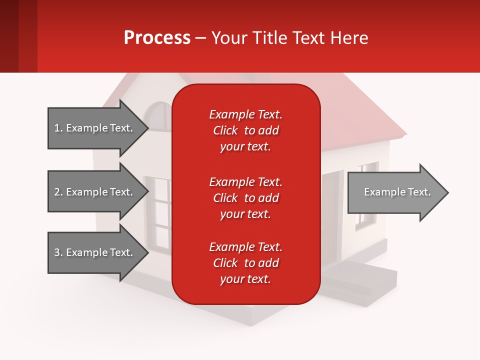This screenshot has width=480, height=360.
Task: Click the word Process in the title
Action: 157,37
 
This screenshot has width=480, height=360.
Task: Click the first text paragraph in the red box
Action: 245,130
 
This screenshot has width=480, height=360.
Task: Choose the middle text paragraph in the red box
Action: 245,198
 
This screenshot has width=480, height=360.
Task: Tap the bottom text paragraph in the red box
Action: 245,263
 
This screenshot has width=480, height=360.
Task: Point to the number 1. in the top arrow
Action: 58,128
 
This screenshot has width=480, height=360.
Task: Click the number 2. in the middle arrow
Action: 58,192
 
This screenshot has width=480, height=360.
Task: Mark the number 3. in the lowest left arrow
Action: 58,252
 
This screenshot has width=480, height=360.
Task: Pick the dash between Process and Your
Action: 200,38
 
